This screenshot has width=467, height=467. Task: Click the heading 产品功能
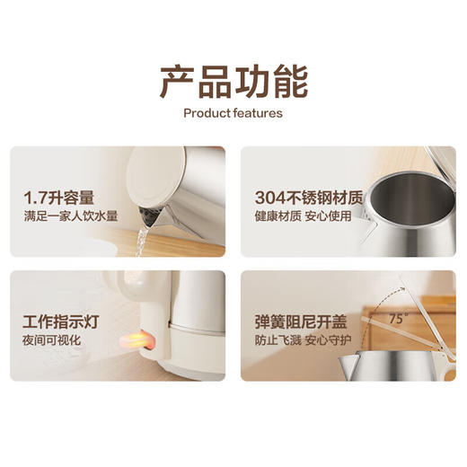coord(233,81)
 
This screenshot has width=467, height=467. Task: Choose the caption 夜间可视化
coord(52,340)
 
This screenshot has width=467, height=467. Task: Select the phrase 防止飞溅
coord(271,340)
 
